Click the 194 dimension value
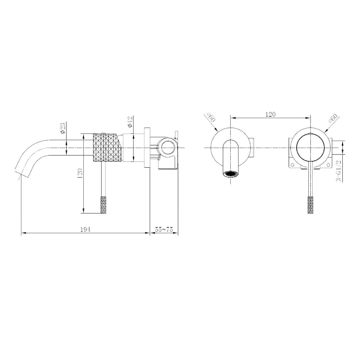[85, 229]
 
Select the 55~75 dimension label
[164, 229]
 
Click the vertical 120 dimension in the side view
[80, 174]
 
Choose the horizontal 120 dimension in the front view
[270, 114]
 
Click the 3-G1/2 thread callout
[339, 171]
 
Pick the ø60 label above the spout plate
[211, 117]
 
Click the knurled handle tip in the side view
[104, 205]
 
